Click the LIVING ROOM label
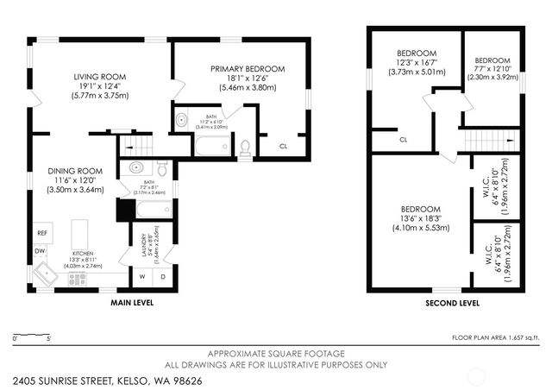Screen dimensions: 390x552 [100, 77]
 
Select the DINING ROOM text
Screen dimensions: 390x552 [75, 171]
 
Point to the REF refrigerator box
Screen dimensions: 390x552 [41, 234]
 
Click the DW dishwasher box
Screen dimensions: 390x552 [40, 252]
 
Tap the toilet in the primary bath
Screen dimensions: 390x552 [245, 148]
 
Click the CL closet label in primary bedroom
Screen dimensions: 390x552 [283, 146]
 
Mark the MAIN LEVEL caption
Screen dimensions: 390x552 [132, 304]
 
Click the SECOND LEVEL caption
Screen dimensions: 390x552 [453, 304]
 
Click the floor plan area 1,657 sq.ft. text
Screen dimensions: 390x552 [499, 337]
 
